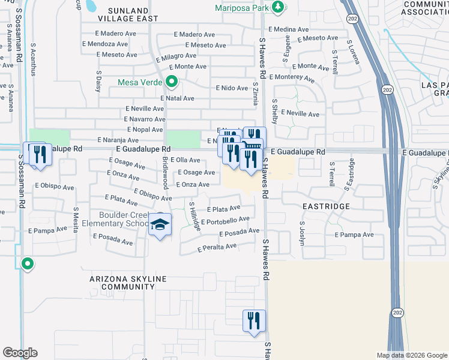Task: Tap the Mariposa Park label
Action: pyautogui.click(x=243, y=8)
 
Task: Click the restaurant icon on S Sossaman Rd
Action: pyautogui.click(x=40, y=154)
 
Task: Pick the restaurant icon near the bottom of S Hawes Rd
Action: pyautogui.click(x=254, y=320)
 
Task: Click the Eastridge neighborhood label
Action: pyautogui.click(x=327, y=206)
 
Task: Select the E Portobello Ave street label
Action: pyautogui.click(x=225, y=221)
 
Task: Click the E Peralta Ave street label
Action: pyautogui.click(x=217, y=247)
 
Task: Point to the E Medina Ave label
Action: pyautogui.click(x=289, y=29)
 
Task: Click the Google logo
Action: pyautogui.click(x=20, y=353)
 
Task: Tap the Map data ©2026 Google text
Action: pyautogui.click(x=411, y=355)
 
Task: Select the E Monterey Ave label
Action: pyautogui.click(x=292, y=77)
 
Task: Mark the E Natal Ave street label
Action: pyautogui.click(x=177, y=98)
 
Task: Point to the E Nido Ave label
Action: pyautogui.click(x=232, y=88)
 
